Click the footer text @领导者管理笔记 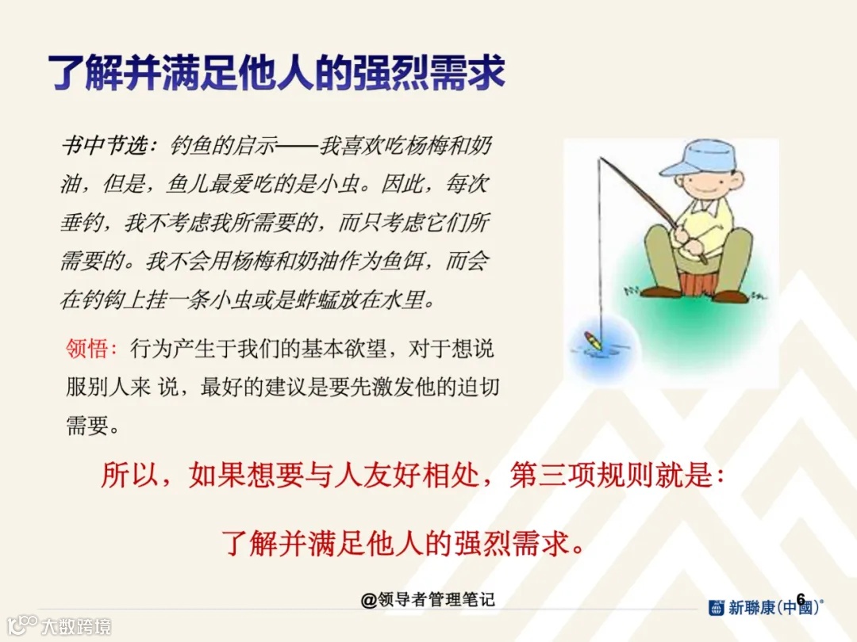coord(428,599)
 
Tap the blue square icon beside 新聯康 coord(717,609)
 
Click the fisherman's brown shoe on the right coord(730,296)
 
